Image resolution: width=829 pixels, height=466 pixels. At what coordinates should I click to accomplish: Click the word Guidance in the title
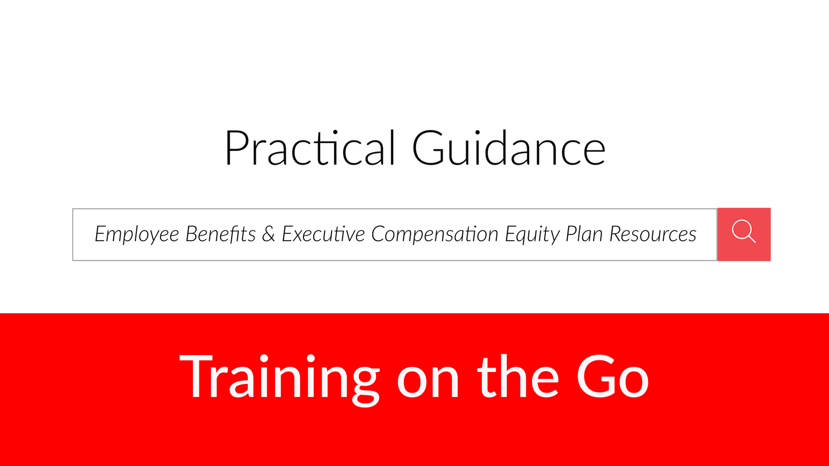click(x=509, y=148)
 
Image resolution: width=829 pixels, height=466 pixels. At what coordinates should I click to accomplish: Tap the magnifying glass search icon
click(x=744, y=232)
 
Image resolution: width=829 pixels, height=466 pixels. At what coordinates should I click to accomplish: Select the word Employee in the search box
click(x=137, y=234)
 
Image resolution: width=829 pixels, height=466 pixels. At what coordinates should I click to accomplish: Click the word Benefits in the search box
click(x=221, y=234)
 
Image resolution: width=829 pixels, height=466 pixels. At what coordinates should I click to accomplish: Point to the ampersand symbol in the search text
click(x=269, y=234)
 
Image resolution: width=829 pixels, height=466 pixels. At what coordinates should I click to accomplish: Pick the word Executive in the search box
click(x=323, y=234)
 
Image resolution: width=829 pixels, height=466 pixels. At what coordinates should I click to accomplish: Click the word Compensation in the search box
click(x=435, y=234)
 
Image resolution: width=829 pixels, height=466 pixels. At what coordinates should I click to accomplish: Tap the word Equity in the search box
click(x=532, y=234)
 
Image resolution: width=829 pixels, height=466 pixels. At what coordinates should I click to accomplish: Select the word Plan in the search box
click(x=584, y=234)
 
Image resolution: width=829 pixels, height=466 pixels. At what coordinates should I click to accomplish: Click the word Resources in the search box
click(x=653, y=234)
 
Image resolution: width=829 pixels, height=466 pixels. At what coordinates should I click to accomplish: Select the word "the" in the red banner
click(x=518, y=376)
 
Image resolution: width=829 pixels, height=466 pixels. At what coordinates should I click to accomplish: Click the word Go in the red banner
click(x=613, y=376)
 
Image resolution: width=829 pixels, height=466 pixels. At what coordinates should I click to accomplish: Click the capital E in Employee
click(x=101, y=234)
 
